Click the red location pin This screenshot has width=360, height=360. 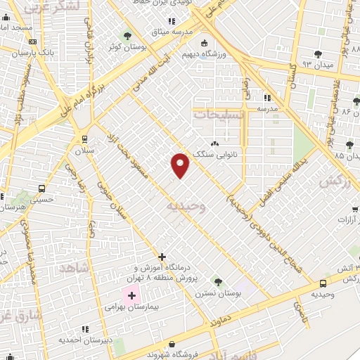click(181, 165)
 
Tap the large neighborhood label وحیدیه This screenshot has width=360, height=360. click(186, 207)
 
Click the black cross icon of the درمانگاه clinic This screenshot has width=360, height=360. click(162, 257)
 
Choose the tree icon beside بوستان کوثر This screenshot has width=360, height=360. click(127, 37)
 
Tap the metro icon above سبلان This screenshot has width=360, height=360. click(84, 139)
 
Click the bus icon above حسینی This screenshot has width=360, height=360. click(41, 188)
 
